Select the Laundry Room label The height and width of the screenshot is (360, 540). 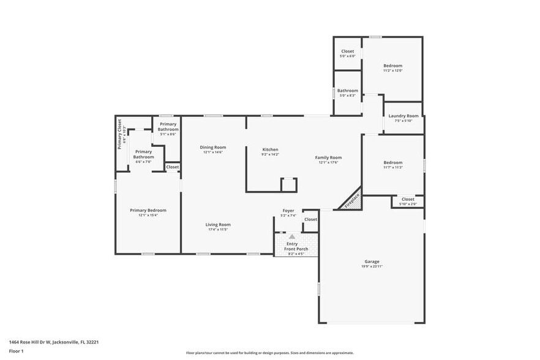403,116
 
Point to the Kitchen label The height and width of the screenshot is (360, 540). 270,149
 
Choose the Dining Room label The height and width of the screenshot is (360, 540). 213,147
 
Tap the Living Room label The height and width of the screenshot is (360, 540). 218,225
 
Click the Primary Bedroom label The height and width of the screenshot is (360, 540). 148,210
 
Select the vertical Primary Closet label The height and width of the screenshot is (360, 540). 120,133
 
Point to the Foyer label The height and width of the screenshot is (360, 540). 288,211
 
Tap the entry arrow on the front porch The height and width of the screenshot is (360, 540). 292,236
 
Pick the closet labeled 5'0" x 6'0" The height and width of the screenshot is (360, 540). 347,51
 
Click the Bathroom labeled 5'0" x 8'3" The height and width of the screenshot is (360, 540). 347,91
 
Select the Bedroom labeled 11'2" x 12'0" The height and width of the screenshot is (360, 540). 392,66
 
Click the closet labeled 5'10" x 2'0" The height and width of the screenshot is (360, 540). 408,199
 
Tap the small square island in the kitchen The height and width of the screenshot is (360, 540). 288,185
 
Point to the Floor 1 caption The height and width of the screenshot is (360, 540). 16,351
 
